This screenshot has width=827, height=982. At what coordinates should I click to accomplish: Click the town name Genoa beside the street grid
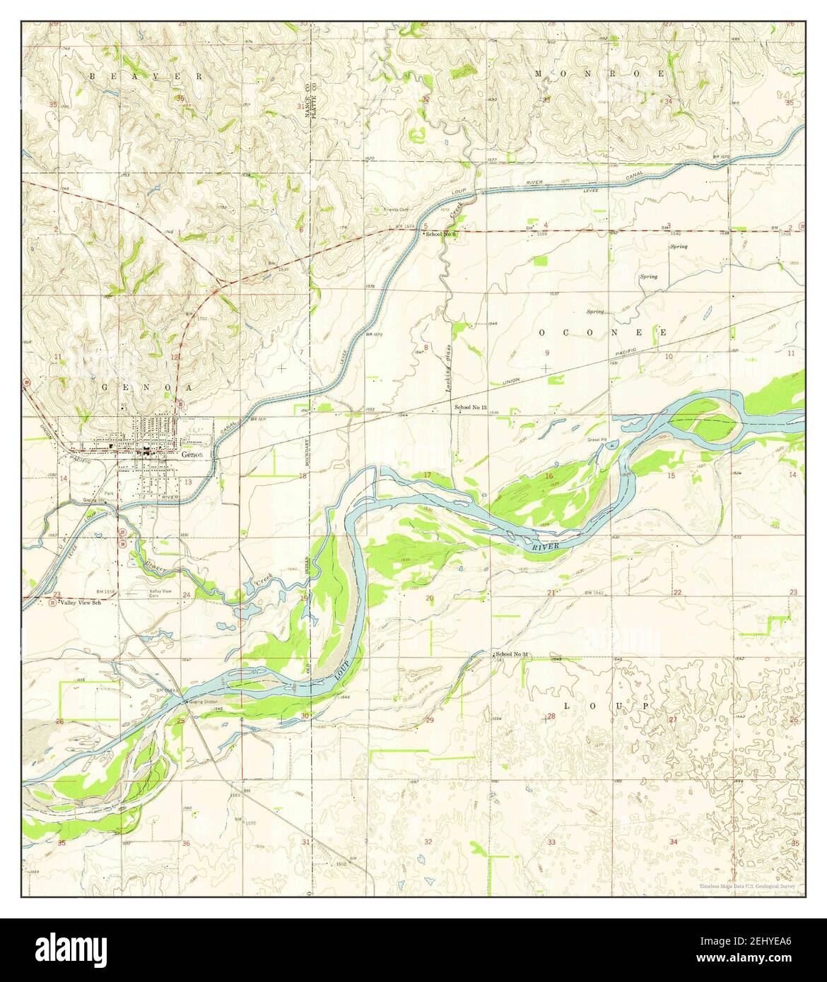(x=192, y=455)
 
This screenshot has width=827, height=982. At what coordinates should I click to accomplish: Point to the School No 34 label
(x=514, y=654)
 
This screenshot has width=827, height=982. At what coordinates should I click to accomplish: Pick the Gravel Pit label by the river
(x=598, y=439)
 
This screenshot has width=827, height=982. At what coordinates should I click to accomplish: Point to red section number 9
(x=546, y=353)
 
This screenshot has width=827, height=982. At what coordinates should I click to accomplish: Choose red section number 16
(x=549, y=476)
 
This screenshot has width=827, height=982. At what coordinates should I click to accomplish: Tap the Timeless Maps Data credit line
(x=747, y=886)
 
